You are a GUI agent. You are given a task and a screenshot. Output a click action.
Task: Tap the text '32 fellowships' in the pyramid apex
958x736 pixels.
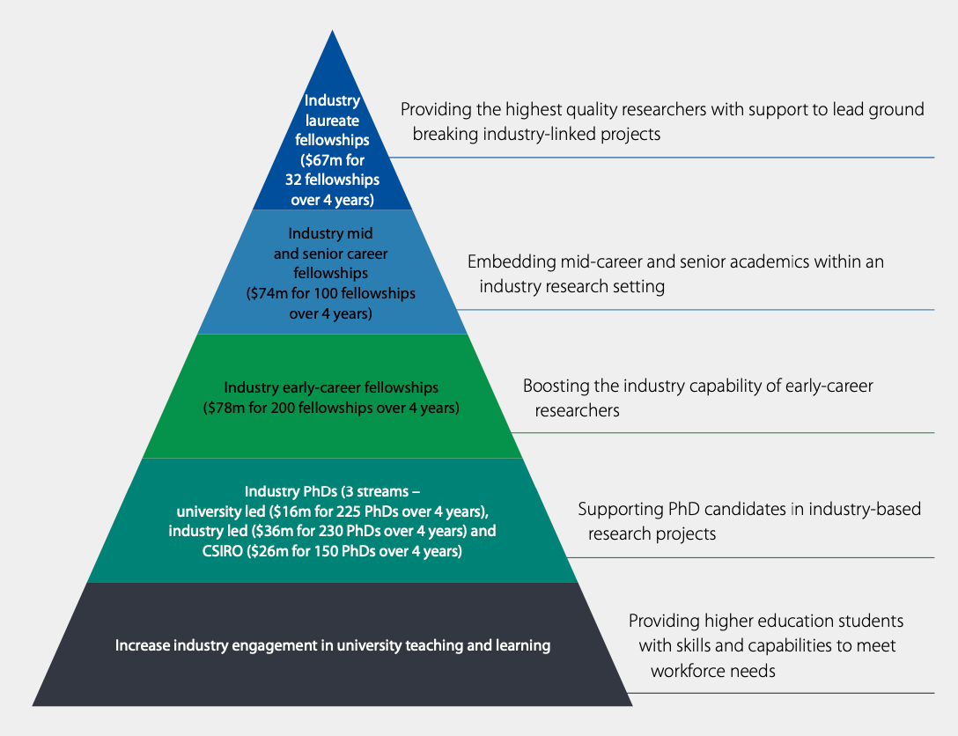[332, 180]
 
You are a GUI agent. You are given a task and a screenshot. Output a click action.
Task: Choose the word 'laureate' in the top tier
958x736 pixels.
[332, 120]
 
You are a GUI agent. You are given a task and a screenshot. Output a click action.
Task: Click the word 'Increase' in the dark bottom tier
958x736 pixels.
[144, 645]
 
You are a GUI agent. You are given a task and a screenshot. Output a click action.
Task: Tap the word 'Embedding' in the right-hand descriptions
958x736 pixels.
[508, 261]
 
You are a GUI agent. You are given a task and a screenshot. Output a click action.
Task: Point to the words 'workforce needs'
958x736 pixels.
[712, 670]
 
